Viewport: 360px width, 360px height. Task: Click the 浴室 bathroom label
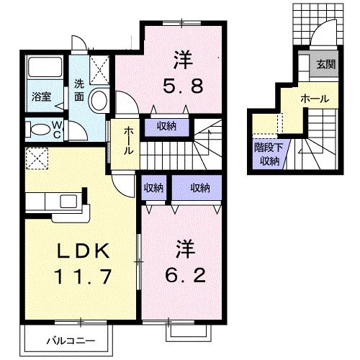point(40,95)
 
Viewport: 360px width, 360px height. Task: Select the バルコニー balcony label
point(68,338)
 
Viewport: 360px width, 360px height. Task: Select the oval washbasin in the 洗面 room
point(99,101)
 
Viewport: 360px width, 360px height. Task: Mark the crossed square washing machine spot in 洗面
point(99,68)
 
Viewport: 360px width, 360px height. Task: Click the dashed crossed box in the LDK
point(36,157)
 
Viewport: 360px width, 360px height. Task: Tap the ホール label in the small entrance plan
point(315,97)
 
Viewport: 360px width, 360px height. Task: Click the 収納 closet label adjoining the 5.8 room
point(166,127)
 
